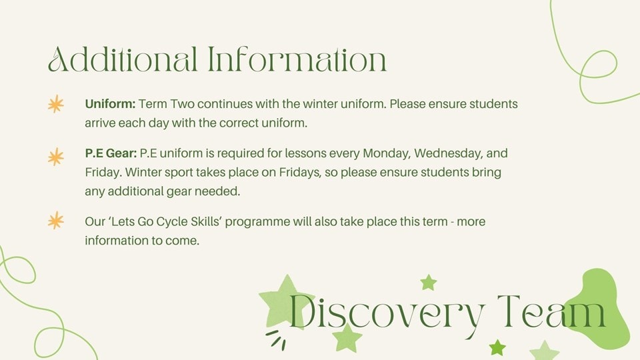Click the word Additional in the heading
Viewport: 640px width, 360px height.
point(123,59)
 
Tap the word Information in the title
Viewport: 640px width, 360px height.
point(297,59)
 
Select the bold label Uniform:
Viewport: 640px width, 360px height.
point(110,104)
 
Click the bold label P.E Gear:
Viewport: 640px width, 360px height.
point(111,153)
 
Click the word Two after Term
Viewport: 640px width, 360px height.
point(182,104)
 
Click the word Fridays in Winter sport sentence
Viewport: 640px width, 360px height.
point(300,173)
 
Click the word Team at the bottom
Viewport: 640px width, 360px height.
point(551,311)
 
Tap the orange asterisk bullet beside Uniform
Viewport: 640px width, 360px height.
point(56,104)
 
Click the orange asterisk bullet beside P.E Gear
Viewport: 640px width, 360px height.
point(56,157)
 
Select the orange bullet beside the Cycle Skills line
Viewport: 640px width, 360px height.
point(56,221)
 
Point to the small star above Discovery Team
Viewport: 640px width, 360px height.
point(429,283)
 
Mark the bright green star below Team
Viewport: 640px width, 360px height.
point(497,348)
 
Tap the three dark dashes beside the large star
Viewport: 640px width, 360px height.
point(276,339)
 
